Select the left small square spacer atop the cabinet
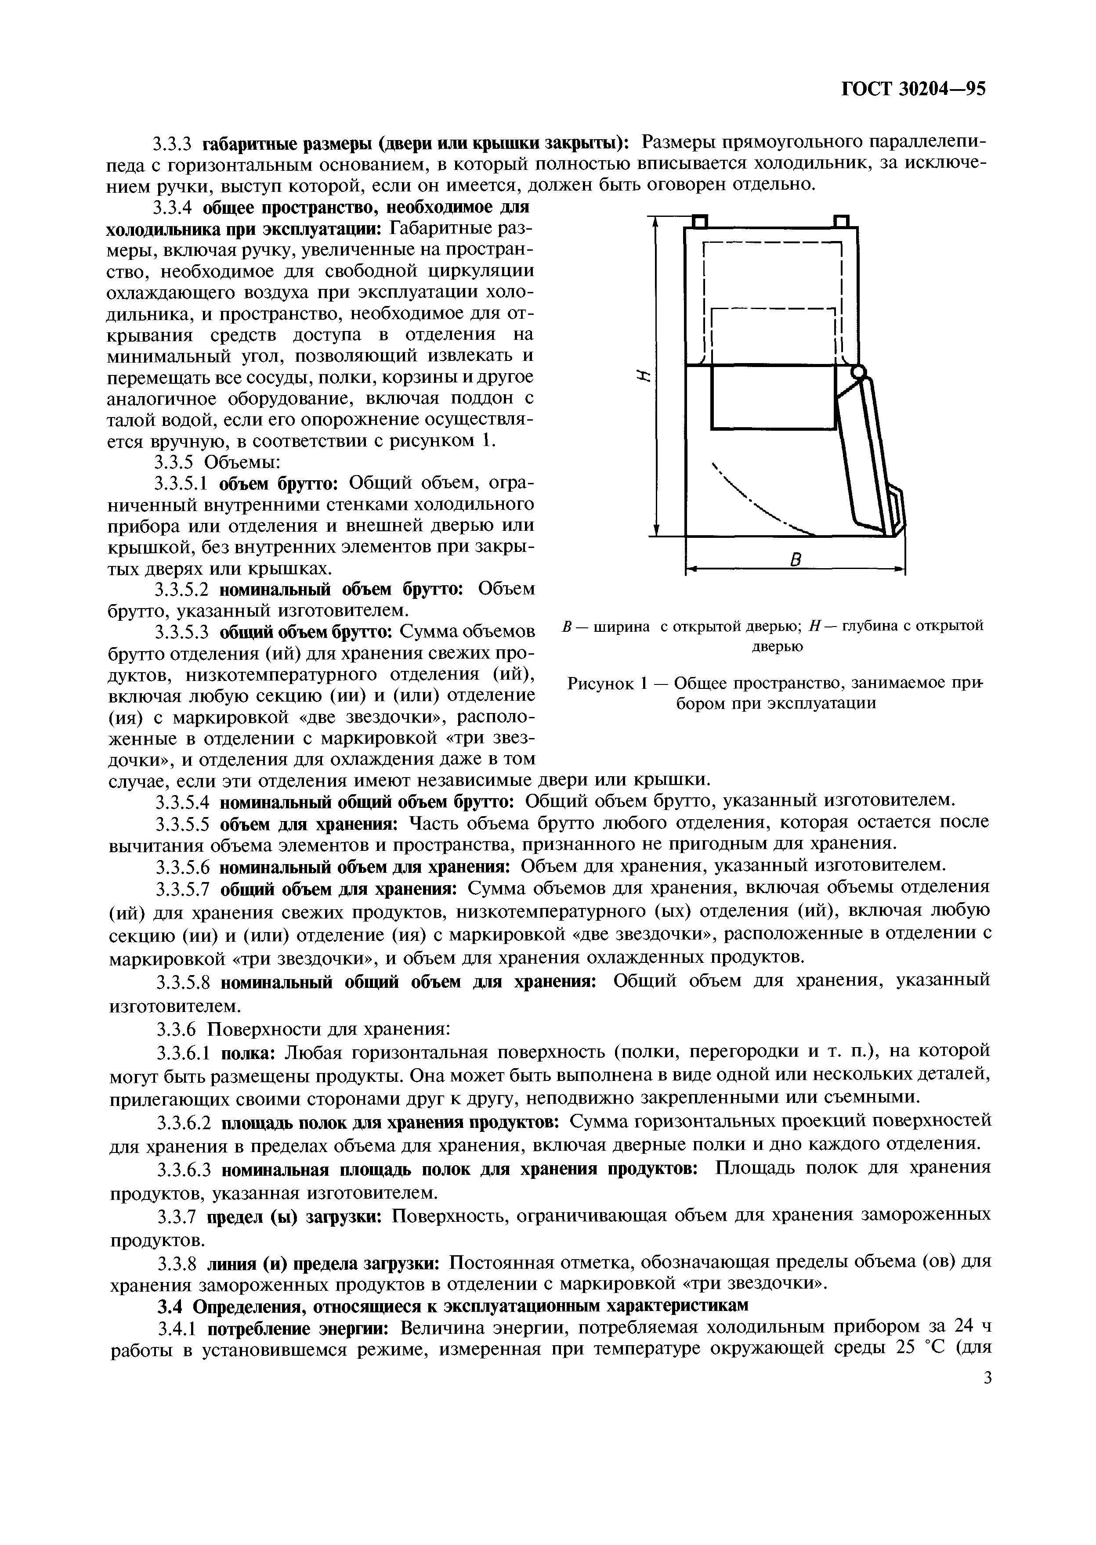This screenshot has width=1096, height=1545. tap(699, 221)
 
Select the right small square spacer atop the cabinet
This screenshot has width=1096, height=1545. tap(841, 221)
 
